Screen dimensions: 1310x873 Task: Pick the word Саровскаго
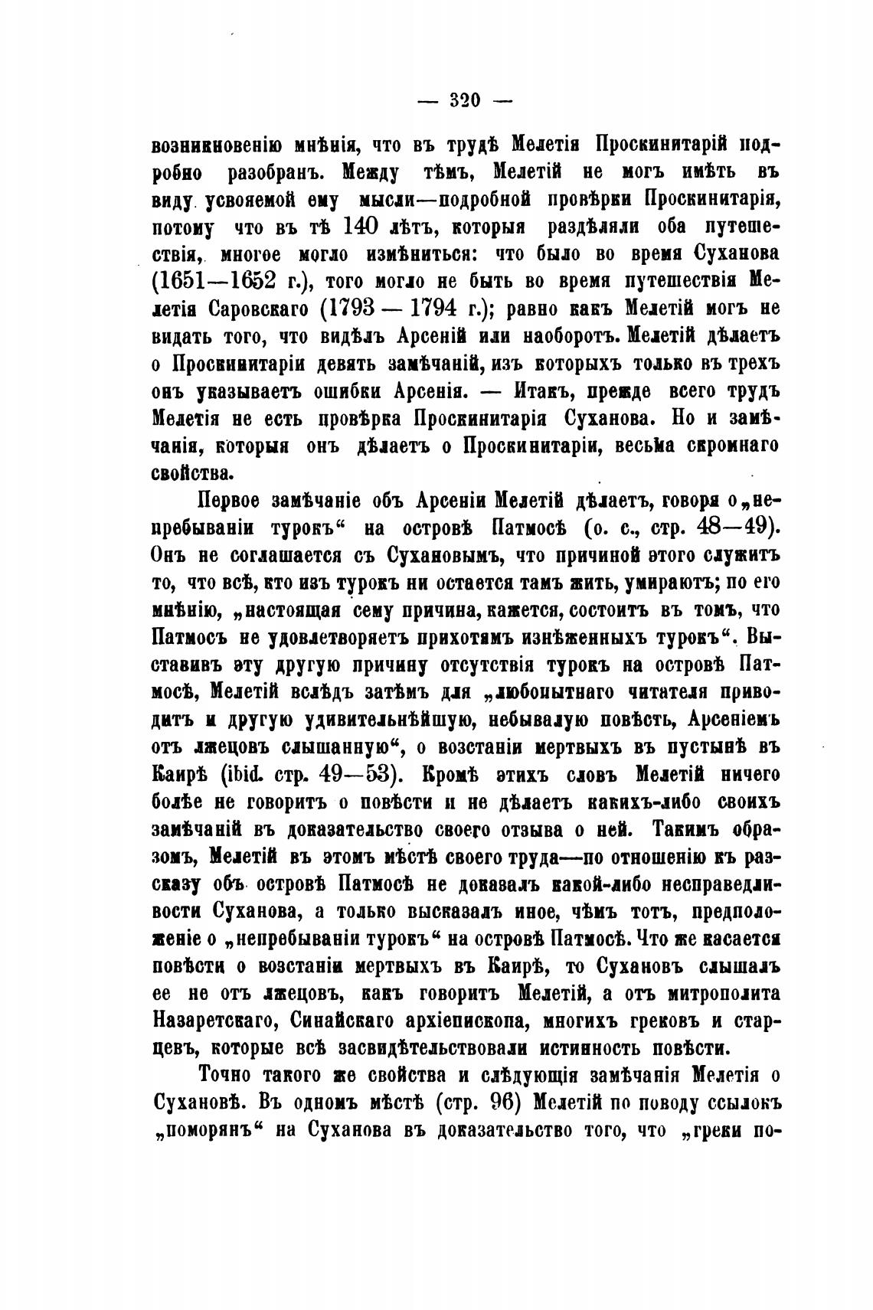pos(259,309)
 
